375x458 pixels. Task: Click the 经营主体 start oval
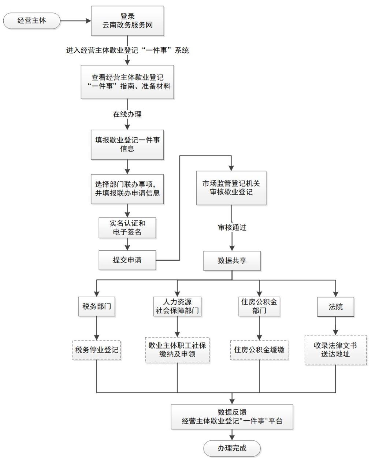point(31,21)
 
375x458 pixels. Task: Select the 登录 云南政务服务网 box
point(127,21)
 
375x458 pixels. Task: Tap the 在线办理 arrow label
point(127,114)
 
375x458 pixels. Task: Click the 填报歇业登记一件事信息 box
point(127,144)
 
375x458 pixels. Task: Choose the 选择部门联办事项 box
point(127,189)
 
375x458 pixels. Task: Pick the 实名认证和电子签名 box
point(127,227)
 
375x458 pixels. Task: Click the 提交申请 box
point(127,260)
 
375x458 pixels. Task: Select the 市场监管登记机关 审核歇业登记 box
point(231,188)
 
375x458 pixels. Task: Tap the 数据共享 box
point(232,261)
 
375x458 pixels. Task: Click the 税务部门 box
point(97,306)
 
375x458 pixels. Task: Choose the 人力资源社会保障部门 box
point(177,306)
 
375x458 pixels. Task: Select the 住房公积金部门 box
point(259,306)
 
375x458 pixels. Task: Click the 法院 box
point(335,306)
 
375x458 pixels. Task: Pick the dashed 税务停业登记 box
point(97,350)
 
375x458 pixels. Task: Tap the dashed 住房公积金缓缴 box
point(259,350)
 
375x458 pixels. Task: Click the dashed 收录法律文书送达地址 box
point(335,350)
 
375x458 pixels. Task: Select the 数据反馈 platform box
point(232,417)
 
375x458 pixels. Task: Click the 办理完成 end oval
point(232,448)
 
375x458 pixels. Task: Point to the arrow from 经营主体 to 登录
point(75,21)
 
